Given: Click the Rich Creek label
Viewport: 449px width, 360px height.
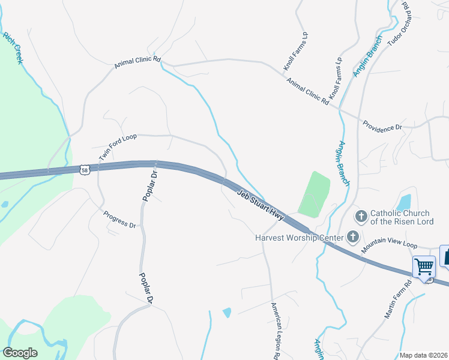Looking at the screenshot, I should pos(13,48).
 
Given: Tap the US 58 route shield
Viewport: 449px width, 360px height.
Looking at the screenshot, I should pos(85,170).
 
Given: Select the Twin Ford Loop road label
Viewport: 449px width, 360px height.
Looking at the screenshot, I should pos(118,146).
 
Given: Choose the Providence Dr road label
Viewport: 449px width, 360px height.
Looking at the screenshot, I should pos(382,127).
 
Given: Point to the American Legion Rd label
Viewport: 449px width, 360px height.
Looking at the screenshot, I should pos(276,331).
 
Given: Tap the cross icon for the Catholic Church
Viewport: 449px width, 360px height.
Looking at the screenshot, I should pos(361,216).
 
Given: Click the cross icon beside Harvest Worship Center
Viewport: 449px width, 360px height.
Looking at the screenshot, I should pos(352,237).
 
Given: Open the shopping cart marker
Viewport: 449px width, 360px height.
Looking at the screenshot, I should pos(424,266).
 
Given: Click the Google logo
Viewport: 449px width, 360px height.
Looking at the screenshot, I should pos(20,353).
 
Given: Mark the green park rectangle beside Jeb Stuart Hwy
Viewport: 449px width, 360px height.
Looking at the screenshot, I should pos(313,194).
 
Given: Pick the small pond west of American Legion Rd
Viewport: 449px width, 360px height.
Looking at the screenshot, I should pos(227,312).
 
